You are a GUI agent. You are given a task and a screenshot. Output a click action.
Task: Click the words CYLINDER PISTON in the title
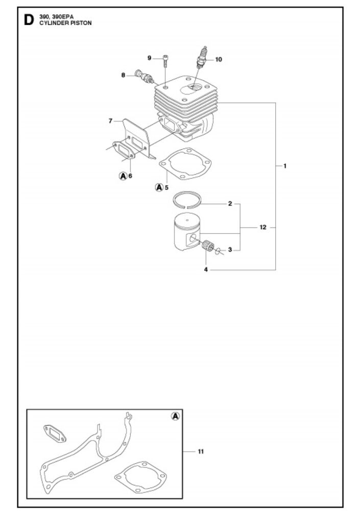coord(65,23)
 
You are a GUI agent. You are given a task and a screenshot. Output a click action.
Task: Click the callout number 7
coord(110,121)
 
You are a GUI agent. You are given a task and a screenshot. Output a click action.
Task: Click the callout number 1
coord(284,165)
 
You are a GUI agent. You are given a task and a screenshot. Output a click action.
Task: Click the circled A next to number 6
coord(123,176)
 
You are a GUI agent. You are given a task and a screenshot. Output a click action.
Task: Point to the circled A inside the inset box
coord(175,416)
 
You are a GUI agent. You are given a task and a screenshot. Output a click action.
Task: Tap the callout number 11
coord(201,451)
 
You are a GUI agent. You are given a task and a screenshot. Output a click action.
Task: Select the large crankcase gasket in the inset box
coord(82,457)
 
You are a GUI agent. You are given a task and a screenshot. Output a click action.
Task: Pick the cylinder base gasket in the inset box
coord(140,477)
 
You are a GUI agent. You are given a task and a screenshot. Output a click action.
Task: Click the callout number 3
coord(230,250)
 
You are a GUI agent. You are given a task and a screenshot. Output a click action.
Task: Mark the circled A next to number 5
coord(159,187)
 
